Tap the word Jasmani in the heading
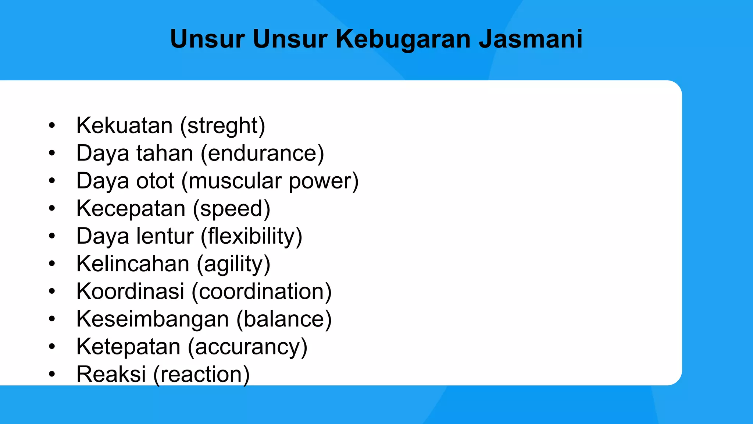pyautogui.click(x=531, y=39)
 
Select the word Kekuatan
pyautogui.click(x=124, y=126)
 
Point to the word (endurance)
pyautogui.click(x=262, y=153)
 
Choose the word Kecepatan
pyautogui.click(x=131, y=209)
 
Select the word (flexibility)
pyautogui.click(x=251, y=236)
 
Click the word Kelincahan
pyautogui.click(x=133, y=264)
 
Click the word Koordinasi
pyautogui.click(x=130, y=291)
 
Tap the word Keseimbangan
pyautogui.click(x=153, y=319)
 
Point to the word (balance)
pyautogui.click(x=284, y=319)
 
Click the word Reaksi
pyautogui.click(x=111, y=374)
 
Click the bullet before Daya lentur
pyautogui.click(x=52, y=236)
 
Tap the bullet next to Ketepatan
pyautogui.click(x=52, y=347)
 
